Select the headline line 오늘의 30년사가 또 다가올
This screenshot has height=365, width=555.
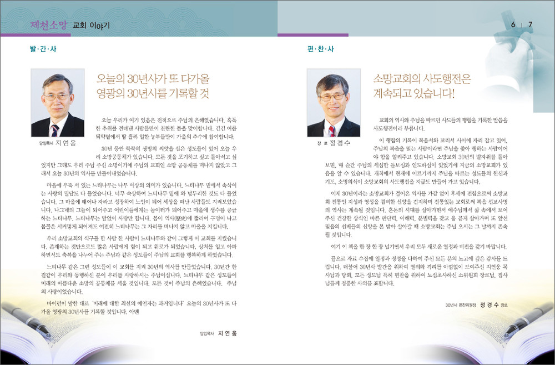tap(153, 79)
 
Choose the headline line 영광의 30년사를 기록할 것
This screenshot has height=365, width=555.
tap(153, 93)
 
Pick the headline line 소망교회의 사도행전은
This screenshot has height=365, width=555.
tap(422, 79)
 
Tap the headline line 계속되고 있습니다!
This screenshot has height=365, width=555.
tap(414, 93)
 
